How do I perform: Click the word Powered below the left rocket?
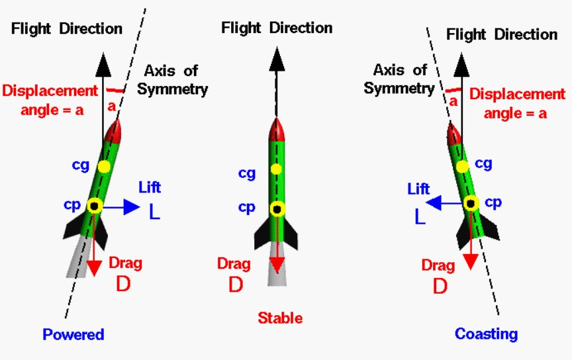[x=73, y=334]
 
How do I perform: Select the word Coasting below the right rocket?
[x=486, y=333]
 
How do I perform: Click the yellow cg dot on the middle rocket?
[x=277, y=169]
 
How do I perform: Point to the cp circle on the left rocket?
[x=95, y=206]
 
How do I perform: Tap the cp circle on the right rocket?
[x=472, y=203]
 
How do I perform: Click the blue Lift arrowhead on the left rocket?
[x=132, y=207]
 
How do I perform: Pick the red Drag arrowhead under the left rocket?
[x=95, y=267]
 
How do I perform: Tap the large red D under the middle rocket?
[x=236, y=285]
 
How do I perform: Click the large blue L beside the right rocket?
[x=420, y=216]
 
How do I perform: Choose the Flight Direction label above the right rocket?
[x=502, y=34]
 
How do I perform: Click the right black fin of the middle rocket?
[x=297, y=230]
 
